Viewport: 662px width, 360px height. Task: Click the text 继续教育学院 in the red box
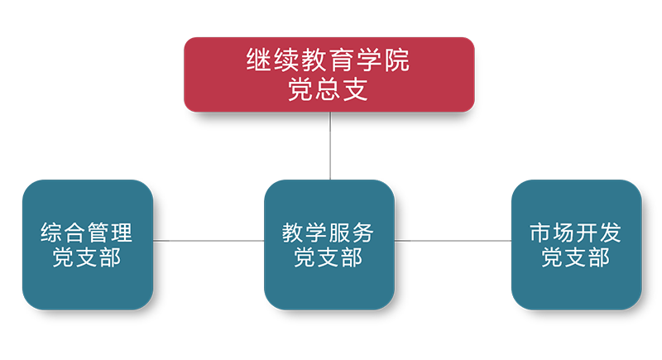pyautogui.click(x=329, y=61)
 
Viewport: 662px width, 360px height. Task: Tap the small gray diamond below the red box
pyautogui.click(x=330, y=154)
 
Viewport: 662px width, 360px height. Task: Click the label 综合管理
pyautogui.click(x=86, y=232)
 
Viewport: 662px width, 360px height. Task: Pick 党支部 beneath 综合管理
pyautogui.click(x=86, y=258)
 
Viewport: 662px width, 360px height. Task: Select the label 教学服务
pyautogui.click(x=328, y=232)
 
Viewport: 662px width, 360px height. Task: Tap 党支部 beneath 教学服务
pyautogui.click(x=328, y=258)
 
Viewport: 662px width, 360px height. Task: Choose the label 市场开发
pyautogui.click(x=575, y=232)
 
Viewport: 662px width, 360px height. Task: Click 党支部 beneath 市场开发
pyautogui.click(x=575, y=258)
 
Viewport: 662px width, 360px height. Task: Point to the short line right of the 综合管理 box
pyautogui.click(x=161, y=241)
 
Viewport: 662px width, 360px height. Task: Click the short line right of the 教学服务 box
pyautogui.click(x=403, y=241)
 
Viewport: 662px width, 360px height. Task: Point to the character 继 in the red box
pyautogui.click(x=260, y=61)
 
